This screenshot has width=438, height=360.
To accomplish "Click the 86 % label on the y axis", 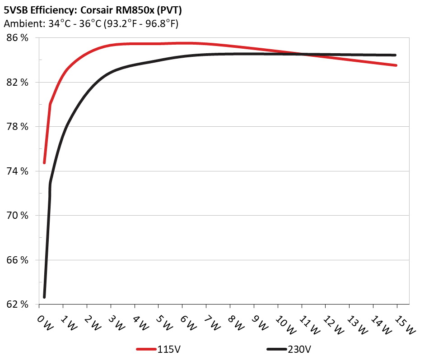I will point(18,38).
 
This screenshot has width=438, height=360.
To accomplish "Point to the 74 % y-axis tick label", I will point(18,171).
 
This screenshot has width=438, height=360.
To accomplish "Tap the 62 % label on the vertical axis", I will point(18,305).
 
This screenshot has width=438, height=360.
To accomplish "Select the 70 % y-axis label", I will point(18,215).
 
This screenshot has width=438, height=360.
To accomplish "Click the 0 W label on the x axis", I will point(44,322).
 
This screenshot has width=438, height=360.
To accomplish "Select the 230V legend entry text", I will point(299,349).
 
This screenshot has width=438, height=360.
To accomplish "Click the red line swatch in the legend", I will point(146,349).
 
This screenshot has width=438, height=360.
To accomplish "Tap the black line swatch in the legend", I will point(277,349).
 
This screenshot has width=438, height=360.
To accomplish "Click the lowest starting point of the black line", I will point(44,297).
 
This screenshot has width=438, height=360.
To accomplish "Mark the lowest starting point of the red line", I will point(44,162).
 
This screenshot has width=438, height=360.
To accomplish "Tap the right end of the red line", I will point(396,65).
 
